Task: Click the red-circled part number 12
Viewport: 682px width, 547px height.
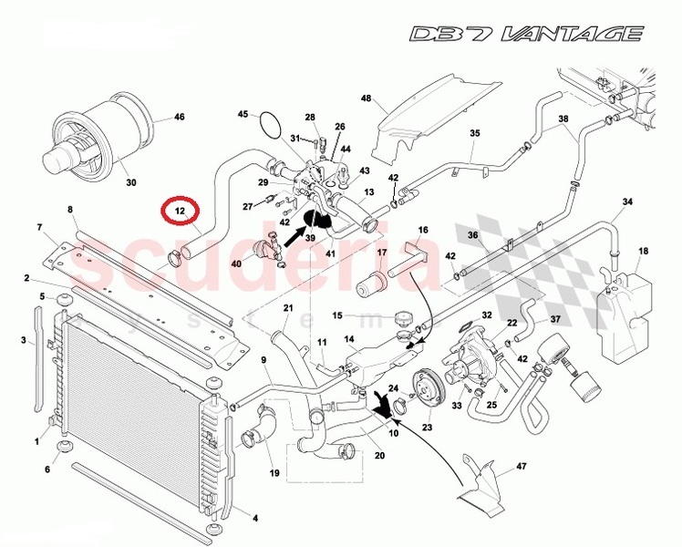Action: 180,212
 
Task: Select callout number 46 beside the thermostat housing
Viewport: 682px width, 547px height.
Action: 179,118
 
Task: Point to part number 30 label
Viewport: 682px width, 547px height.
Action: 130,182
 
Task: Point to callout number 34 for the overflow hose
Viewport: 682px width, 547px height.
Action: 627,201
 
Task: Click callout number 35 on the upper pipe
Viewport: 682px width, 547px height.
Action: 474,133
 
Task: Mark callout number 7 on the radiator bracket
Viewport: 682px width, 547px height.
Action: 39,226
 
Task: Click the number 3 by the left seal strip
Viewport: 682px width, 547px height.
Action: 23,341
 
